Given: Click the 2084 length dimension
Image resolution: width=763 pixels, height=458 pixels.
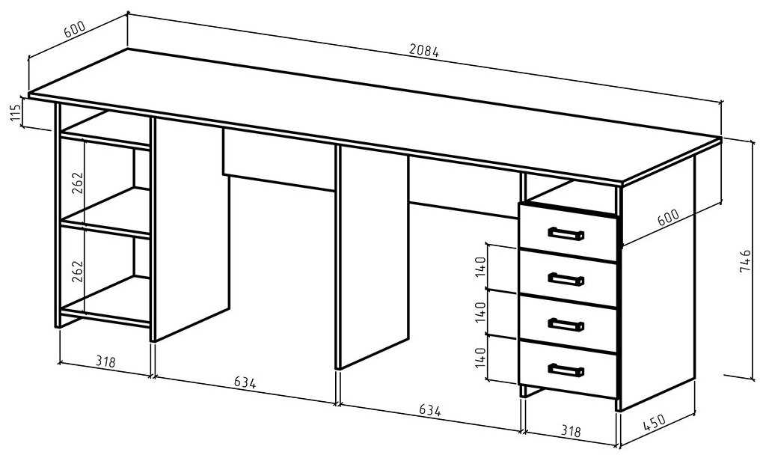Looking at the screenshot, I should (424, 52).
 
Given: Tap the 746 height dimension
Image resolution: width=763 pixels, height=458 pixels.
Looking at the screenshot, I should (744, 261).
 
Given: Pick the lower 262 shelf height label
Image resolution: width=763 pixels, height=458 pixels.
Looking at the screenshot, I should (78, 271).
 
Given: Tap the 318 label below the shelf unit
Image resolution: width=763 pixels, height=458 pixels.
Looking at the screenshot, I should (105, 362).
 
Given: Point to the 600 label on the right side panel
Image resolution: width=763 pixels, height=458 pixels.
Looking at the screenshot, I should (668, 216).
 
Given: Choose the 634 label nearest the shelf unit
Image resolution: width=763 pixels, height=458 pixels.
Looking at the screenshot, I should (244, 383).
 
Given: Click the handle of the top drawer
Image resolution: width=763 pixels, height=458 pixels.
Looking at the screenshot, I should (566, 233).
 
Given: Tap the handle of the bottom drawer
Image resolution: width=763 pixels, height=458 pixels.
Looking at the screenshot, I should (566, 370).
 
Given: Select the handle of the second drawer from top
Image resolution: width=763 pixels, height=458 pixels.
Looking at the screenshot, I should (566, 279).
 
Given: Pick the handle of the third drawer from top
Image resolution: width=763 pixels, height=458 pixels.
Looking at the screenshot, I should (566, 324).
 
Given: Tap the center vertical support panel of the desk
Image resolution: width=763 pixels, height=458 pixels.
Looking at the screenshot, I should (372, 254).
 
